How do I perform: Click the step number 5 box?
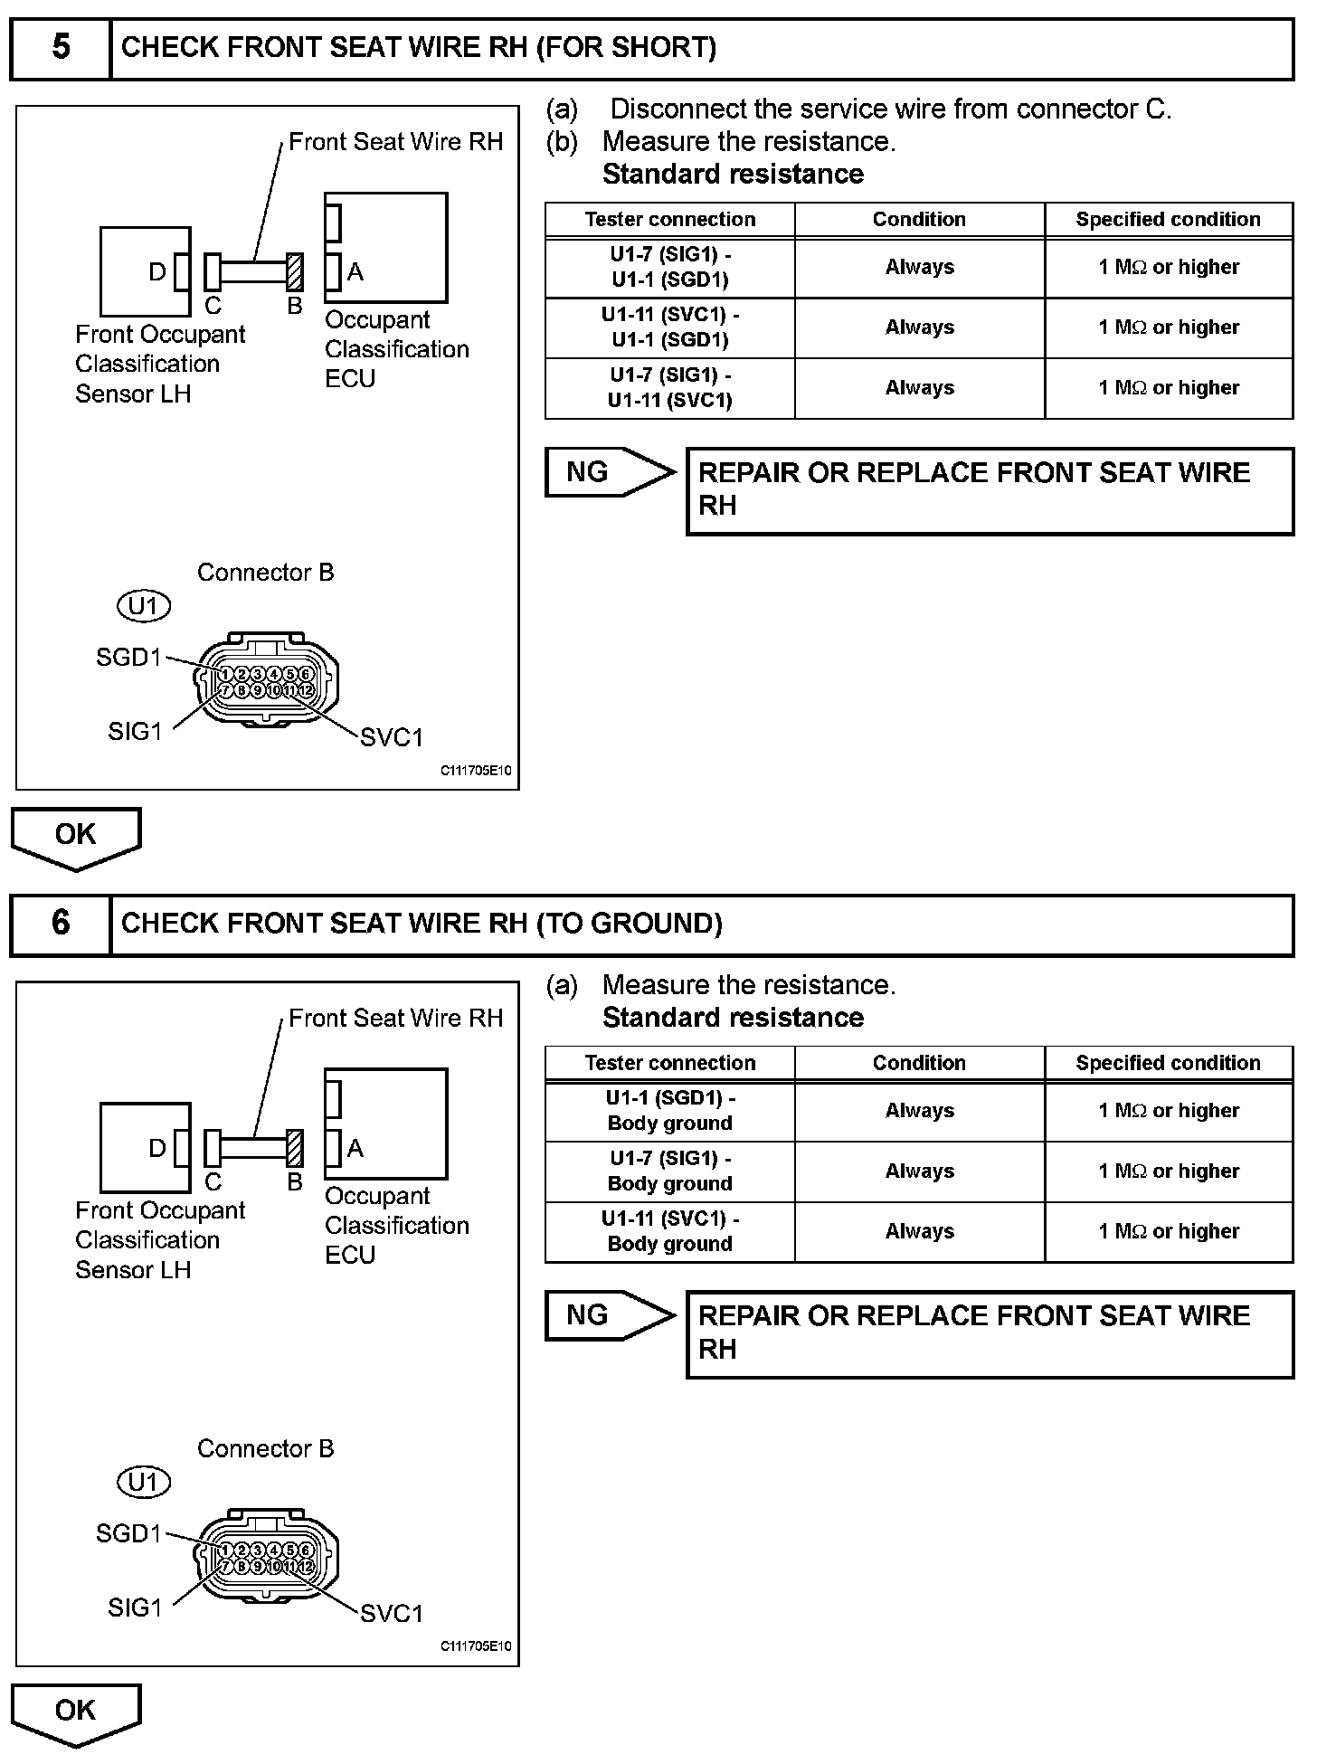click(x=61, y=48)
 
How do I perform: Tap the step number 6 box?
click(x=61, y=924)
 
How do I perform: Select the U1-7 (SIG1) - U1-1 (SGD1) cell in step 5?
click(x=670, y=268)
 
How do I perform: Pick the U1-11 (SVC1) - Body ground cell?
click(x=670, y=1231)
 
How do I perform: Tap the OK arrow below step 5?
click(x=76, y=837)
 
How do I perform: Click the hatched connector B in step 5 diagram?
click(x=294, y=271)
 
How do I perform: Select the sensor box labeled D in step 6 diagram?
click(x=145, y=1148)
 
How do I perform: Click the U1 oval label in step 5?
click(x=145, y=606)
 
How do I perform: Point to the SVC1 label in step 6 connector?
click(x=392, y=1613)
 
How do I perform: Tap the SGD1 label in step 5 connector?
click(x=128, y=658)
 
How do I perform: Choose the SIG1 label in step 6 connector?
click(x=135, y=1608)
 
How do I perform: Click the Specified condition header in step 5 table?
click(x=1168, y=220)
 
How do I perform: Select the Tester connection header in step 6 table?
click(x=670, y=1063)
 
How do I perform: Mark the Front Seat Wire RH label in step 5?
click(x=395, y=142)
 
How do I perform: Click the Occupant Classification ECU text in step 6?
click(x=396, y=1225)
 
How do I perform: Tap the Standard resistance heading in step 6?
click(x=733, y=1018)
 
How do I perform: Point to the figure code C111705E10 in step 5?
click(x=476, y=771)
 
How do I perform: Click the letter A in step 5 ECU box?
click(x=355, y=272)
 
